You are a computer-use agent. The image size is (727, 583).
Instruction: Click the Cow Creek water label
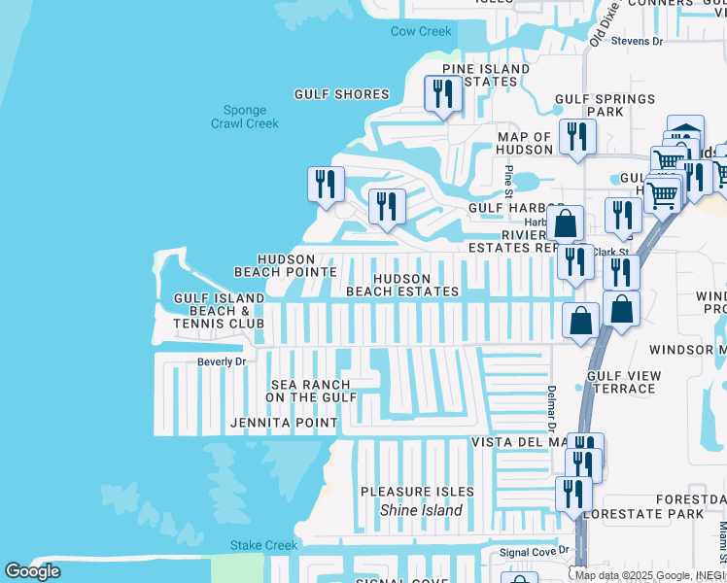tap(421, 31)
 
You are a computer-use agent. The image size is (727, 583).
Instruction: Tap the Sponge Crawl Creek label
tap(245, 118)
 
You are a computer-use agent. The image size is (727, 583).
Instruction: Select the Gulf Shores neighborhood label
tap(342, 94)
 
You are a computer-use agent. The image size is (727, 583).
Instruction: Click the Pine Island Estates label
tap(486, 76)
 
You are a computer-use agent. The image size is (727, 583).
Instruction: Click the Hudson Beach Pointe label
tap(275, 265)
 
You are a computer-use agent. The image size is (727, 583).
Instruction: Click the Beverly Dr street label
tap(222, 361)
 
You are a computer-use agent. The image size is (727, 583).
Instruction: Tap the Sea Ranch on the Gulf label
tap(311, 392)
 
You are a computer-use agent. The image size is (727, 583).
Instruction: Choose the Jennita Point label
tap(284, 424)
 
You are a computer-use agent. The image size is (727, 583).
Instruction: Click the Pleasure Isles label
tap(417, 492)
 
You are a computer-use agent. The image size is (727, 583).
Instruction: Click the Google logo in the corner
tap(32, 571)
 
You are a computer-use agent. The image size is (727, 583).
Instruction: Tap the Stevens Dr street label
tap(637, 41)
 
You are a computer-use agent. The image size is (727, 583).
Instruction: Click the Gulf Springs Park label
tap(605, 105)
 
